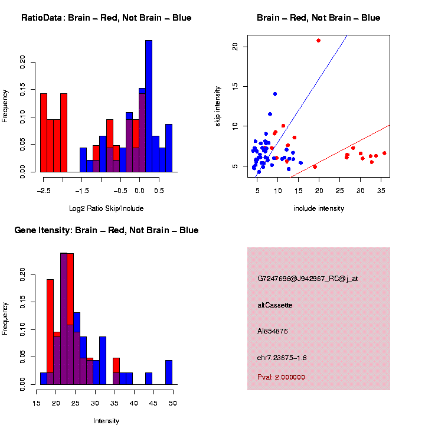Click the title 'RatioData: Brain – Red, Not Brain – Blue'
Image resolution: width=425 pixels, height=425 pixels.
pos(106,18)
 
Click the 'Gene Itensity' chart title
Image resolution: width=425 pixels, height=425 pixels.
pos(106,230)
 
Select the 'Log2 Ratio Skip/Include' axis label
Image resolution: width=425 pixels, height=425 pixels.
pos(106,208)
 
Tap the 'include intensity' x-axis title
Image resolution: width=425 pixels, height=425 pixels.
pos(319,208)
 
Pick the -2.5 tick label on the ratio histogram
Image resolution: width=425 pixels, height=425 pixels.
pos(42,191)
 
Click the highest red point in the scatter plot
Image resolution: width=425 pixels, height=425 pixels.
pos(319,41)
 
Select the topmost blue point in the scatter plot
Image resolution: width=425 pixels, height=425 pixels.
pos(275,94)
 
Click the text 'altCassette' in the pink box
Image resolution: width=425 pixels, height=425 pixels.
pos(274,305)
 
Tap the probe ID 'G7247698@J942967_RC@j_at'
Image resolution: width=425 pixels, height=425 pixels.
pos(308,279)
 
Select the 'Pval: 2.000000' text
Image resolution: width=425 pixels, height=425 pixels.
pos(281,377)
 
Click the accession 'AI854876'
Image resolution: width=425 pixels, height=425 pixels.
pos(273,331)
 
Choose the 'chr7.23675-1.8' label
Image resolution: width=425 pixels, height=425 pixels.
pos(282,358)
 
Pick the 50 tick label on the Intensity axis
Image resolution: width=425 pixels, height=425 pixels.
pos(173,404)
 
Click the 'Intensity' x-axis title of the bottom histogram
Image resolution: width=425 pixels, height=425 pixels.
pos(106,421)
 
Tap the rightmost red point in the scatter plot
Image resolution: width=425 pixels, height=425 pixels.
pos(384,153)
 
